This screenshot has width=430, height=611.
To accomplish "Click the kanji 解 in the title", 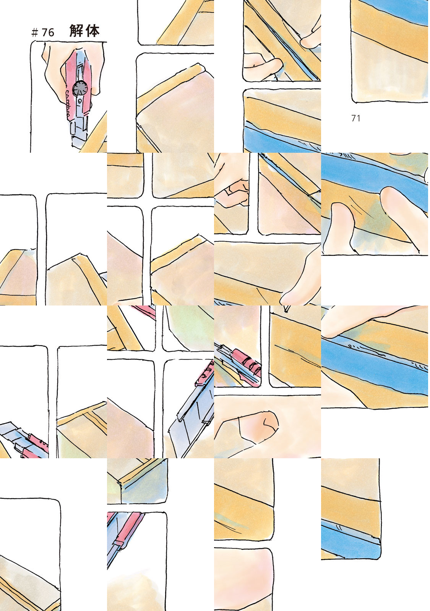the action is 76,31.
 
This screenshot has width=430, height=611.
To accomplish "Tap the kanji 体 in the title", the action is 92,31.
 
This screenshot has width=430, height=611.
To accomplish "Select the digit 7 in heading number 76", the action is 44,33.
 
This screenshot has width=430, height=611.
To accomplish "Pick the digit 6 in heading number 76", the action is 51,33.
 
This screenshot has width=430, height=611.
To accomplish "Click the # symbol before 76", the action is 34,33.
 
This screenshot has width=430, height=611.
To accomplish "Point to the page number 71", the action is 356,118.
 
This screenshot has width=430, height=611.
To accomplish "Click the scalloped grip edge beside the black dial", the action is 68,105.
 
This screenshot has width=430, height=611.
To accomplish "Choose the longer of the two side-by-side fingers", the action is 401,215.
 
